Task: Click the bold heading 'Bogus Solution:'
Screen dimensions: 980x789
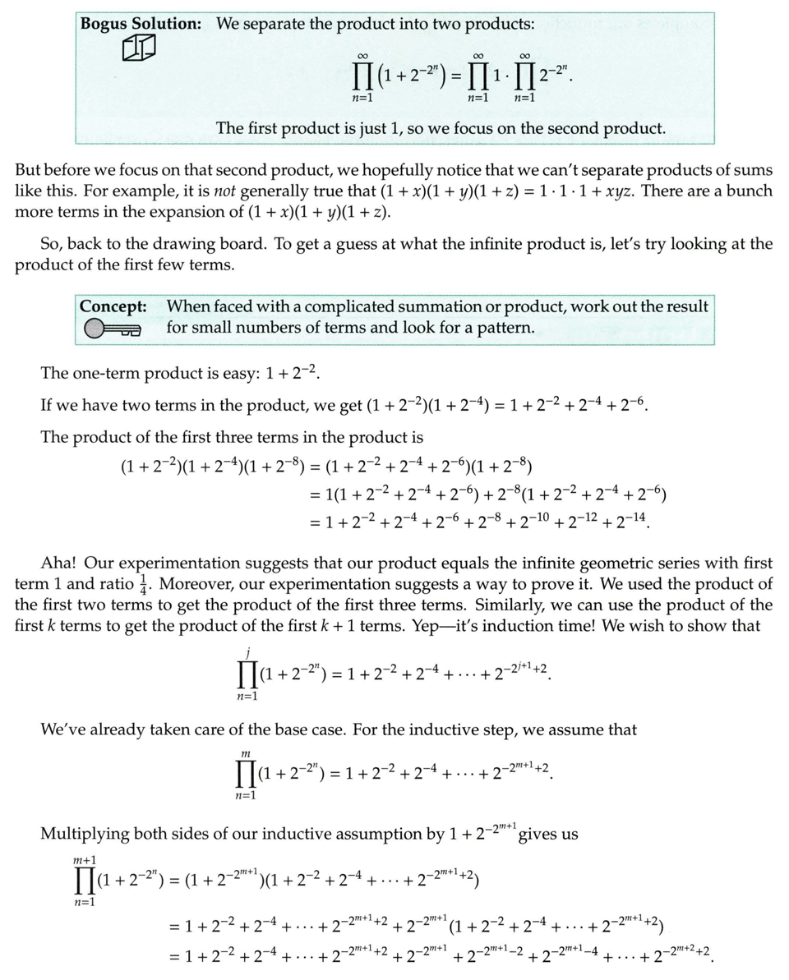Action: (x=141, y=24)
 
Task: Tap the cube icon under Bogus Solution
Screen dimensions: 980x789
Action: (x=138, y=50)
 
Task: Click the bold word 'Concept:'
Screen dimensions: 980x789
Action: (x=113, y=306)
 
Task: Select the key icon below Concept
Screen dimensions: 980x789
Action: (x=112, y=329)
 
